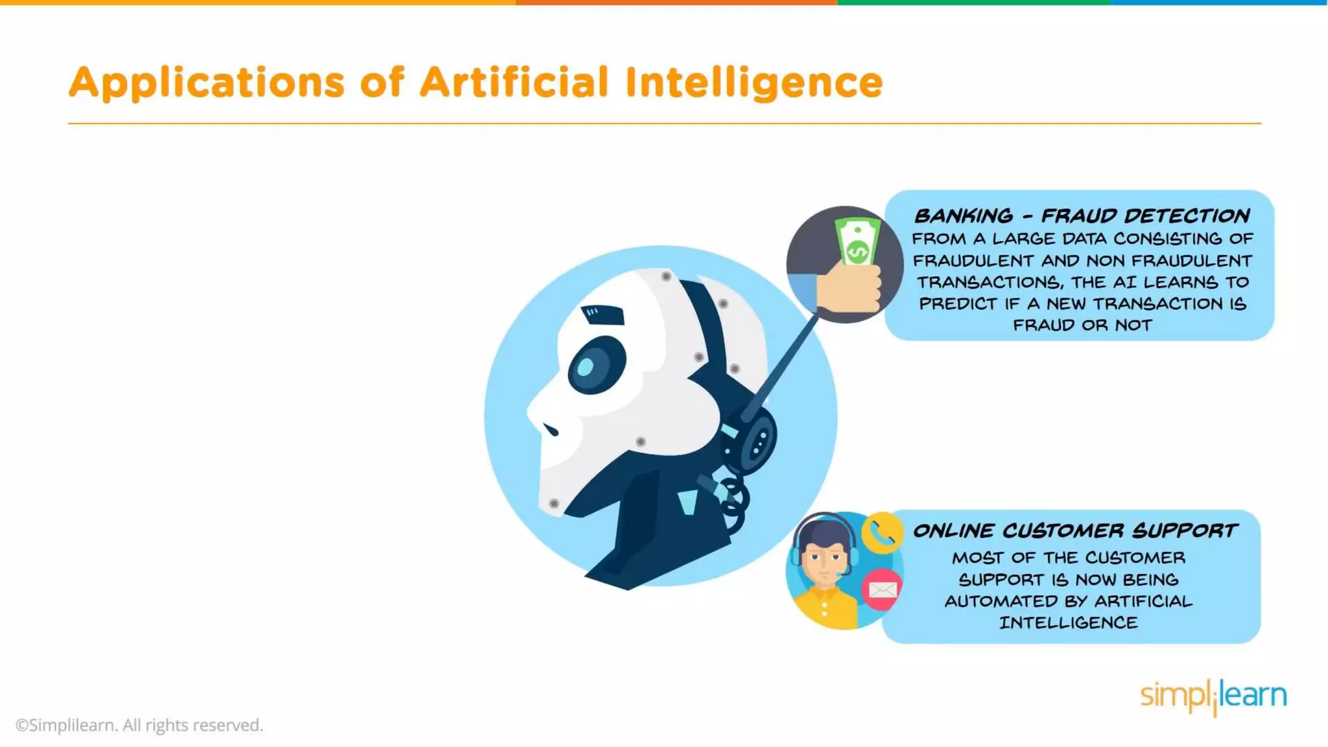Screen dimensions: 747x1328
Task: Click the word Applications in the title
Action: [x=206, y=83]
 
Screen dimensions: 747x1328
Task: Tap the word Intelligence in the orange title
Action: [x=753, y=83]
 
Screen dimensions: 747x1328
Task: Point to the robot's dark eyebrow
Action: [x=603, y=315]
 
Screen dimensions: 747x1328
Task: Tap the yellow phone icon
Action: [x=882, y=533]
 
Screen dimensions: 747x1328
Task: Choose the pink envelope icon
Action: [x=882, y=589]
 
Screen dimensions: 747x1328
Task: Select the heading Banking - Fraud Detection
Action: [x=1082, y=216]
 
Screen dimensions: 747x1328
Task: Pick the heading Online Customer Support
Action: [x=1075, y=531]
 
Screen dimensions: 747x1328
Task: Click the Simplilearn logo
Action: [x=1213, y=696]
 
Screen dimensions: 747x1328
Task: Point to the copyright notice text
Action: [x=139, y=725]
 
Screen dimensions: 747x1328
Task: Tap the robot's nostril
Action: [x=551, y=429]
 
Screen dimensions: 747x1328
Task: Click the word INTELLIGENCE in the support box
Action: [x=1068, y=622]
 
